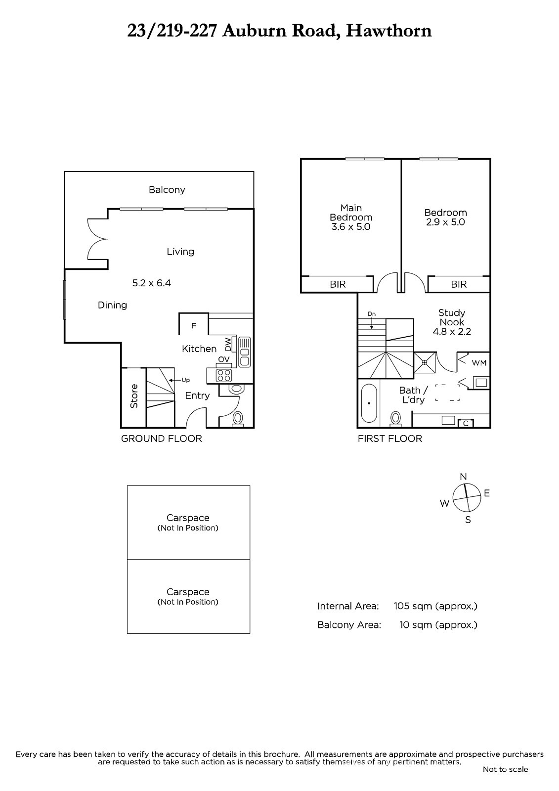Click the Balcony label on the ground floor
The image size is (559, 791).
point(167,190)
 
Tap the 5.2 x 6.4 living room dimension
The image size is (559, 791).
point(152,283)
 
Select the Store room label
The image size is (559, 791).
point(134,396)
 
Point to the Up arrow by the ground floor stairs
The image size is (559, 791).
point(175,380)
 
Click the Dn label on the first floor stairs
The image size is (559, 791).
point(372,314)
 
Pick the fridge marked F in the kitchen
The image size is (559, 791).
point(194,326)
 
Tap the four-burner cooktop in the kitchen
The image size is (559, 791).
point(224,375)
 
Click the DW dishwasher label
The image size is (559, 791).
point(228,345)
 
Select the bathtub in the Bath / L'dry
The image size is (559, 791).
point(369,403)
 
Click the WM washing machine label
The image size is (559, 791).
point(479,363)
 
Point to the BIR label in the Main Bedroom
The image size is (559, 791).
point(338,284)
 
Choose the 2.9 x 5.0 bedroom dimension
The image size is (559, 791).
point(445,222)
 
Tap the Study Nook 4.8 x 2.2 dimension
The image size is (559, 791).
point(452,332)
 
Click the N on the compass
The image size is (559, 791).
point(463,477)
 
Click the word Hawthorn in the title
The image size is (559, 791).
point(388,31)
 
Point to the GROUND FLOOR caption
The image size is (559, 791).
point(162,439)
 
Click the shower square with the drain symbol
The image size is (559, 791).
point(425,362)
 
